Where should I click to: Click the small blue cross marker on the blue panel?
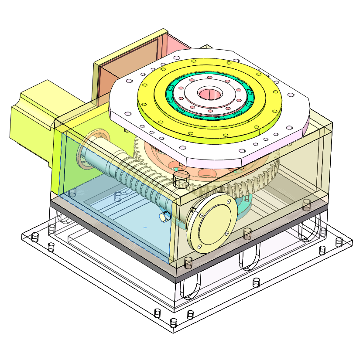coord(145,228)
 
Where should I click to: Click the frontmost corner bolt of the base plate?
coord(173,323)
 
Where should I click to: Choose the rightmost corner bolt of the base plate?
coord(339,241)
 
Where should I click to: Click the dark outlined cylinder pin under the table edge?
coord(181,179)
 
